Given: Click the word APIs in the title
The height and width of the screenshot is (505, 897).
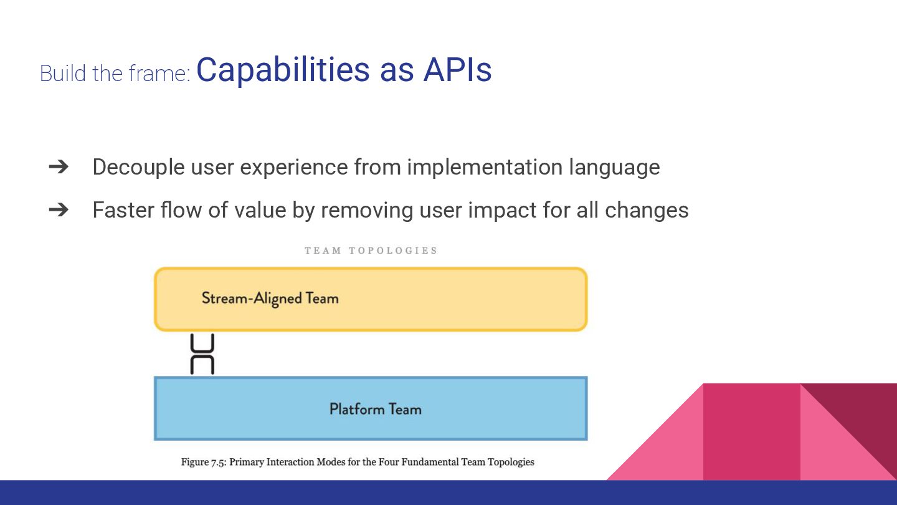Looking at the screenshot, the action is (x=457, y=69).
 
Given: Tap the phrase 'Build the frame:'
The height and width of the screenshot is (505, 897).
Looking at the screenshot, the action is (x=115, y=73).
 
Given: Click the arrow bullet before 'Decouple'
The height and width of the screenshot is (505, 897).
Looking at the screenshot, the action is (x=58, y=166).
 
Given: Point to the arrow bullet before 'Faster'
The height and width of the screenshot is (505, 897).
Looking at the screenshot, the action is (x=58, y=209).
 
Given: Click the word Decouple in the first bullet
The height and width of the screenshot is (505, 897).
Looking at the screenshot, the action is (x=138, y=167).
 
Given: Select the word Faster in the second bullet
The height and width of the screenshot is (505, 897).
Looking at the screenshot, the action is (x=122, y=209).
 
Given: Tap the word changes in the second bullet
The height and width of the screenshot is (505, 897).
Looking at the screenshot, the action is (x=647, y=210).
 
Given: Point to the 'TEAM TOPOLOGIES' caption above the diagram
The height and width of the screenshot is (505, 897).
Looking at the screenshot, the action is (x=371, y=251).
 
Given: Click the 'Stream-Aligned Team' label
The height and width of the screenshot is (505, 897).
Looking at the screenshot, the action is (x=270, y=298).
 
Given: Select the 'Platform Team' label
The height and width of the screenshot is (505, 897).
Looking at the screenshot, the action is (x=375, y=409).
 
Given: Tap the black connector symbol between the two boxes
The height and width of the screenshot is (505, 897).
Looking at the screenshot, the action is (x=202, y=354).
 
